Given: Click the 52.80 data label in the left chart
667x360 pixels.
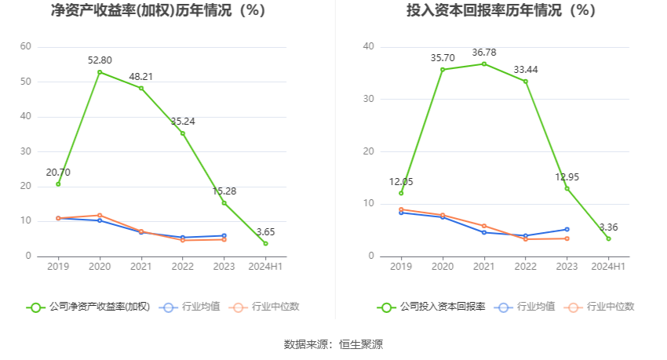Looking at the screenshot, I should pos(100,60).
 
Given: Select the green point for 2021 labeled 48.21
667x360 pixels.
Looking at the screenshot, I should pos(141,88).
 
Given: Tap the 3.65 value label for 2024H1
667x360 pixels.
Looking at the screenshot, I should pos(265,231).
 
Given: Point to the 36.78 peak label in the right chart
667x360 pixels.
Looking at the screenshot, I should pos(484,53).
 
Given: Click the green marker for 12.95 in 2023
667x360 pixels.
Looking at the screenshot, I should pos(567,188).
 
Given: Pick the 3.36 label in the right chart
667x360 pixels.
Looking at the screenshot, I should pos(609,227).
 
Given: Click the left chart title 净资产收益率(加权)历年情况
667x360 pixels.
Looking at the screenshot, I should pos(158,11).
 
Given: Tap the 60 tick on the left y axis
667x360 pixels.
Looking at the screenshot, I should pos(25,47).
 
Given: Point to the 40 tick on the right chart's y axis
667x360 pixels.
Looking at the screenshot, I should pos(369,47).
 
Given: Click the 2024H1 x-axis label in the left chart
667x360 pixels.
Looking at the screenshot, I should pos(265,267).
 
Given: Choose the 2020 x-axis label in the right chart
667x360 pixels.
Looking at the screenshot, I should pos(443,267).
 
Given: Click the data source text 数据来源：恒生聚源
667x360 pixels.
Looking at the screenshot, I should pos(333,344).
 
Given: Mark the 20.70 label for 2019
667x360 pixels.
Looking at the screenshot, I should pos(58,173).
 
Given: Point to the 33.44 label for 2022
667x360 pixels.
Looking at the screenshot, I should pos(526,70).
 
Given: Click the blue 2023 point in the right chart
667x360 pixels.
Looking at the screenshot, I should pos(567,229).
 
